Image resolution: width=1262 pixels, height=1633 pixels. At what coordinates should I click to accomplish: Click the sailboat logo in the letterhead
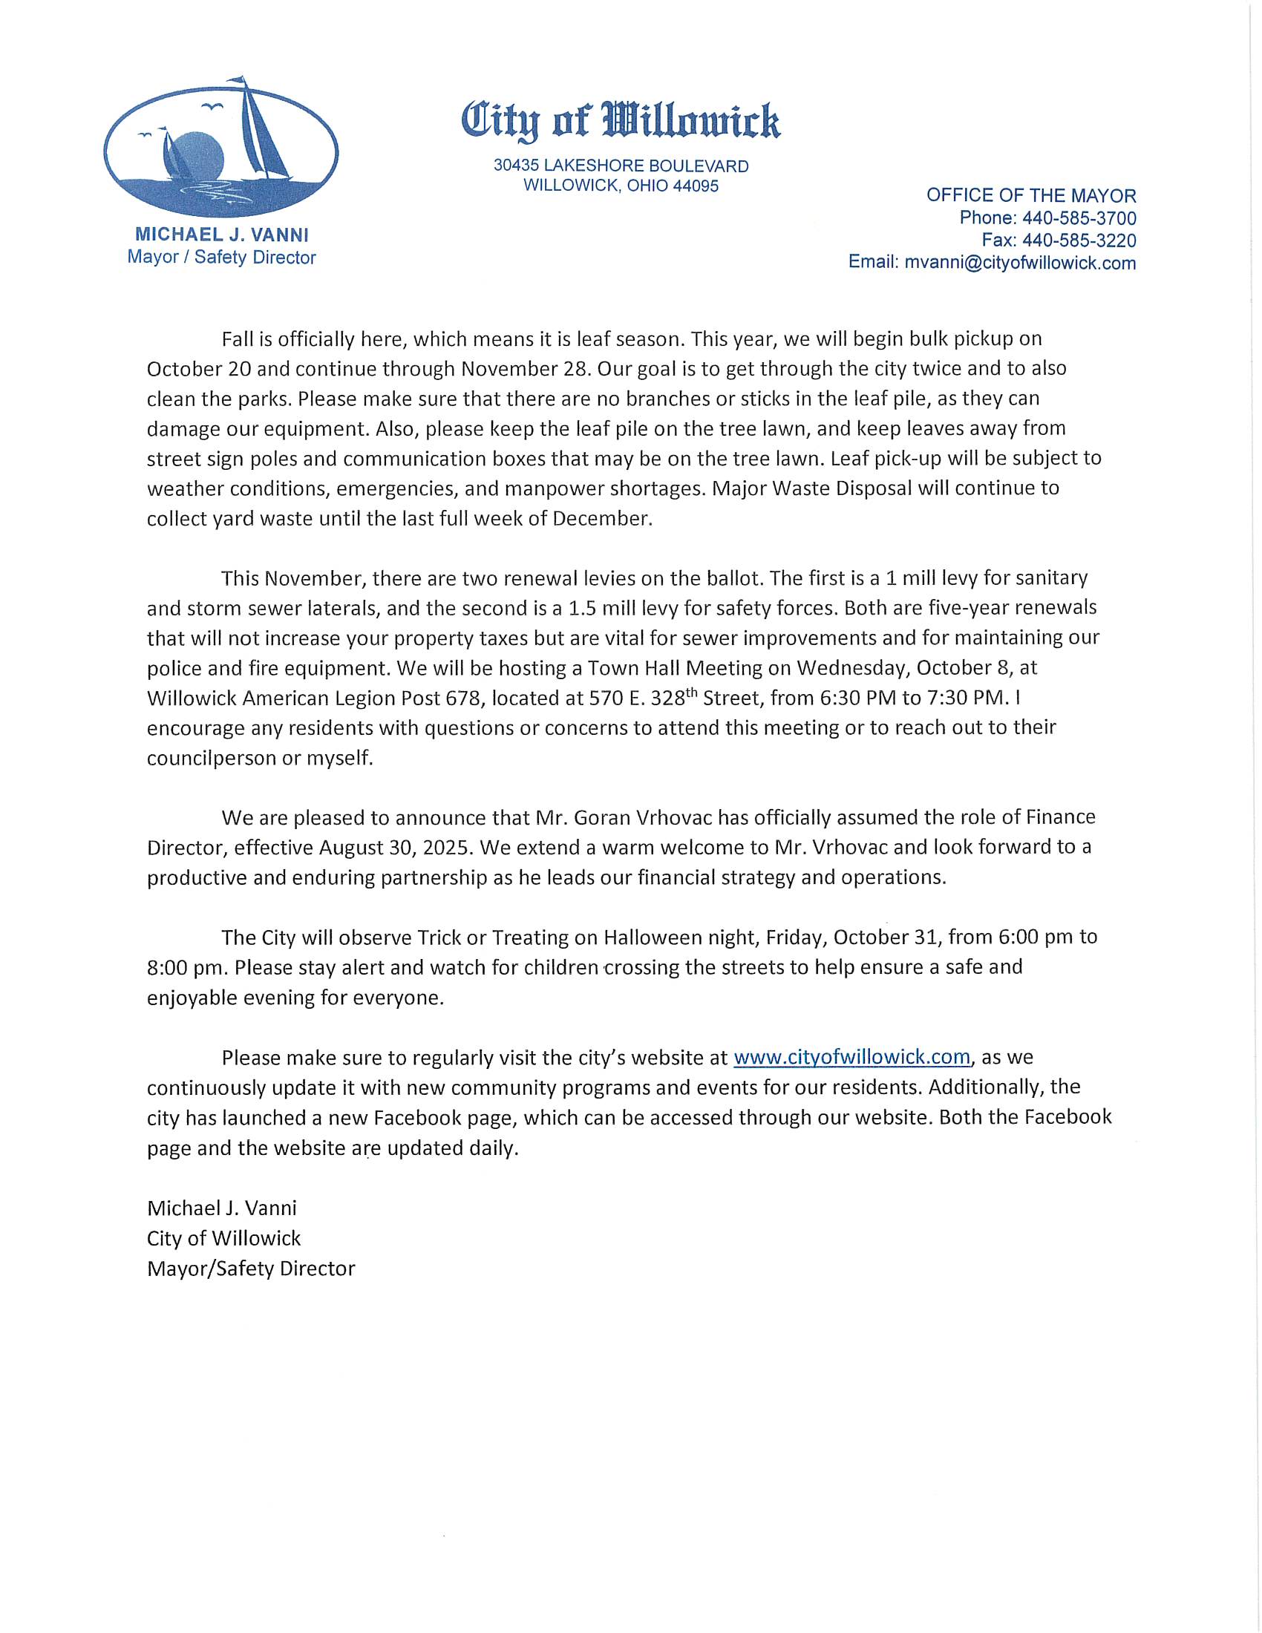click(220, 146)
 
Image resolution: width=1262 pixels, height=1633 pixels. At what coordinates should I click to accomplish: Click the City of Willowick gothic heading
click(621, 120)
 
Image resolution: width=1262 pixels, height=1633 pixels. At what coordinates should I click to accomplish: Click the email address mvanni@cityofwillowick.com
click(1020, 263)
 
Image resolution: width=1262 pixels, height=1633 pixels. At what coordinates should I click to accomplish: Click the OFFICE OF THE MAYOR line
click(1031, 196)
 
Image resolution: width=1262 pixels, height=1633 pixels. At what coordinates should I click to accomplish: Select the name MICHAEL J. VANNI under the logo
click(221, 235)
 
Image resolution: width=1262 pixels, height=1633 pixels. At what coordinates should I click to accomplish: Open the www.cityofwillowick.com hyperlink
click(851, 1057)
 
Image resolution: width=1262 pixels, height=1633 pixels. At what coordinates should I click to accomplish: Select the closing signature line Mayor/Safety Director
click(250, 1269)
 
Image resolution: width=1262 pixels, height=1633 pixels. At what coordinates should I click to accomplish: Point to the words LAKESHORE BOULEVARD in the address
click(646, 166)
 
